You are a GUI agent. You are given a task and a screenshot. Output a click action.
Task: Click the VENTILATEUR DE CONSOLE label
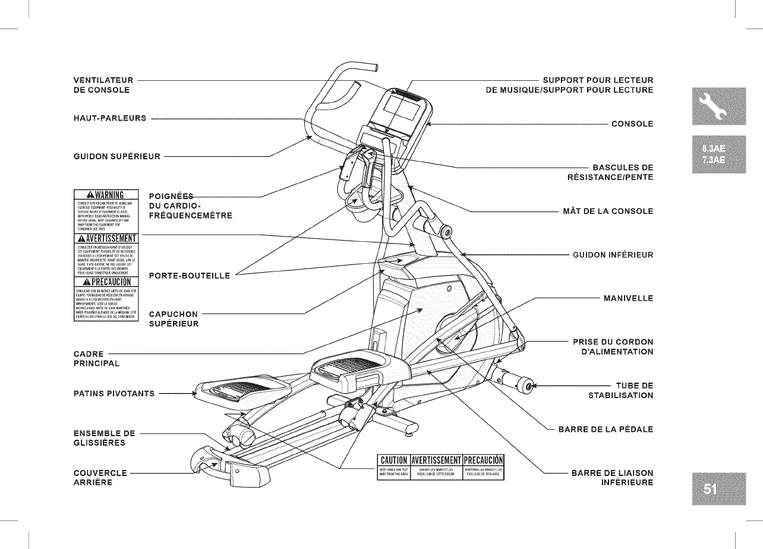(100, 84)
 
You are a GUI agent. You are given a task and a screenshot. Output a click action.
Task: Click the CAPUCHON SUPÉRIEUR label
(174, 319)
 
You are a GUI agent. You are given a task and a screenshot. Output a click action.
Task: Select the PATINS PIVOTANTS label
(114, 393)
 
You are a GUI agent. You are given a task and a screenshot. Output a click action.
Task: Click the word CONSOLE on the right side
(632, 124)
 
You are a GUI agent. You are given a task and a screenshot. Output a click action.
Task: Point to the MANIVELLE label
(628, 298)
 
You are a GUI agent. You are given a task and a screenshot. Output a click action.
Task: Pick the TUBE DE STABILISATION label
(621, 390)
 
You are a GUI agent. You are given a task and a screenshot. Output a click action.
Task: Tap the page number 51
(710, 488)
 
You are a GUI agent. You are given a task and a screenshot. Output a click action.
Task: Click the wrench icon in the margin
(710, 106)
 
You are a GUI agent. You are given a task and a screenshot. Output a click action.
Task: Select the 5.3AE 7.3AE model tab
(710, 154)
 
